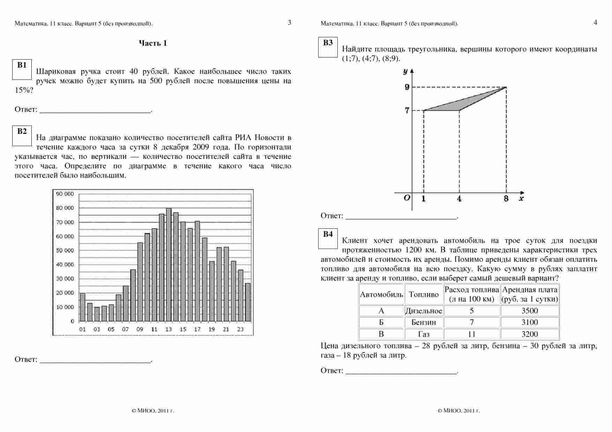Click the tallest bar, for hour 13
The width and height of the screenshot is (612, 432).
[169, 265]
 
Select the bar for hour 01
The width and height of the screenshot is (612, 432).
[83, 307]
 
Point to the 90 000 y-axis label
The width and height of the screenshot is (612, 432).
[65, 194]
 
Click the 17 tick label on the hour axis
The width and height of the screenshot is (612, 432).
[197, 329]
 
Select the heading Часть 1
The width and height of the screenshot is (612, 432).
[153, 43]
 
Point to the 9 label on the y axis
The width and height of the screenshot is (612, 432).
[407, 87]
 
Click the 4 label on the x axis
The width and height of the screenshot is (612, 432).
[459, 199]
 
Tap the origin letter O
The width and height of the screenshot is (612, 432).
[407, 198]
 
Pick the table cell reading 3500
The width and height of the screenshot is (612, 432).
[530, 311]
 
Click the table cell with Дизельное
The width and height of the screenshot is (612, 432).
[424, 311]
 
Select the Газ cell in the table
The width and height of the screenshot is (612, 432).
[424, 334]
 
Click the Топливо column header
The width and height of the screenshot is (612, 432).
[424, 295]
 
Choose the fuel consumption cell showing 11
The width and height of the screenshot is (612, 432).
[472, 334]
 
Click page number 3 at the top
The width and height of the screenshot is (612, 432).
[289, 23]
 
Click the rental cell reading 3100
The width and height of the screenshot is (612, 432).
[530, 322]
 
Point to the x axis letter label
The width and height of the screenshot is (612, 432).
[521, 199]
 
